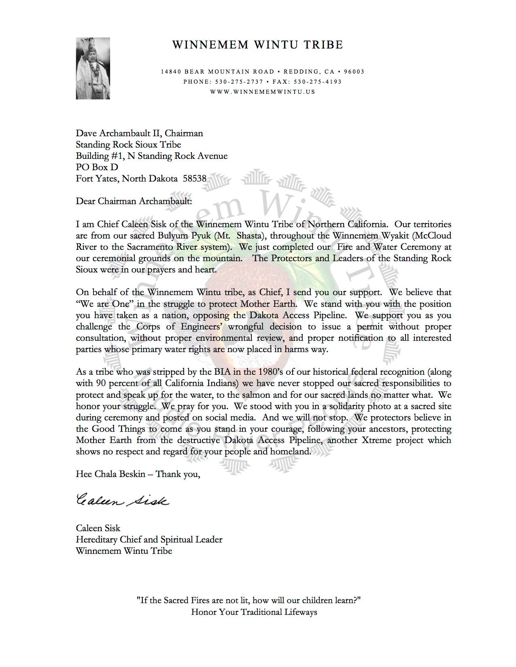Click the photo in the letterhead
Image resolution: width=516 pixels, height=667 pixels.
[93, 68]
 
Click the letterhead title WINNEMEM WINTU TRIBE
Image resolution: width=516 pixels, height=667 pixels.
[257, 45]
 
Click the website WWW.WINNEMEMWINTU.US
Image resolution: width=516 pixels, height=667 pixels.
[263, 92]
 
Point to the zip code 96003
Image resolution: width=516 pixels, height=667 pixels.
[354, 72]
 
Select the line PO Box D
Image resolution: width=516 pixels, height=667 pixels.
[97, 167]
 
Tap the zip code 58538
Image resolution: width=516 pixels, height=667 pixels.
[195, 178]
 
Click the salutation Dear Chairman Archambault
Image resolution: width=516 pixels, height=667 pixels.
[134, 201]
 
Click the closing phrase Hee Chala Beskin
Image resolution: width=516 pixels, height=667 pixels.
[110, 474]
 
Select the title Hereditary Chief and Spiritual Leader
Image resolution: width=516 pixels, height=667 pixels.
[149, 539]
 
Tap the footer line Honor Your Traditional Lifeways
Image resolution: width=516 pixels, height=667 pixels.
[254, 612]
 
